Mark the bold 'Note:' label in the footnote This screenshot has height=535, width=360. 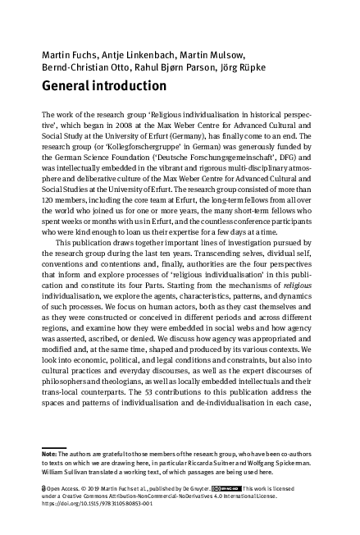pyautogui.click(x=49, y=452)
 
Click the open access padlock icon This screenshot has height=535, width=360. pyautogui.click(x=43, y=487)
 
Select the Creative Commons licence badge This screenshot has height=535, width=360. pyautogui.click(x=226, y=487)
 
